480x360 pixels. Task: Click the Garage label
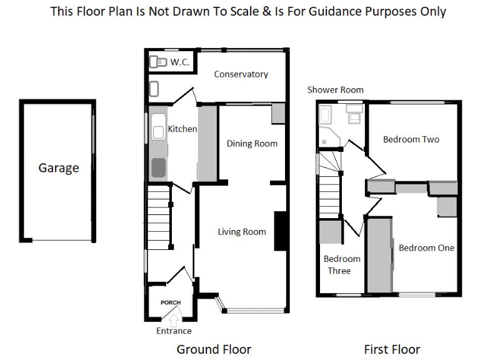tap(59, 168)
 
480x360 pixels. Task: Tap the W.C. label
tap(180, 62)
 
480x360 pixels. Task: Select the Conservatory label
tap(241, 74)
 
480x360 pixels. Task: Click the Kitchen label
tap(182, 129)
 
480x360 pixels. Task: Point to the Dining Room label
tap(252, 144)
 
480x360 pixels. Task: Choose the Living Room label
tap(242, 232)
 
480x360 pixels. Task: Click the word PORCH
tap(171, 302)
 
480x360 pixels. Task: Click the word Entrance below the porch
tap(174, 331)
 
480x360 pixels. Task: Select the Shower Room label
tap(335, 90)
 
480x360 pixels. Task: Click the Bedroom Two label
tap(411, 139)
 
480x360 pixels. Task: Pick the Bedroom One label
tap(426, 248)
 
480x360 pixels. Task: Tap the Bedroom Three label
tap(342, 265)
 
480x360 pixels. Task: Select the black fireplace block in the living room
tap(280, 231)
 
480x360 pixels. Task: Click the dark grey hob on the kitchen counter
tap(159, 167)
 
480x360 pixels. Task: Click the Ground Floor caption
tap(214, 349)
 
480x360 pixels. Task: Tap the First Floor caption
tap(392, 349)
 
